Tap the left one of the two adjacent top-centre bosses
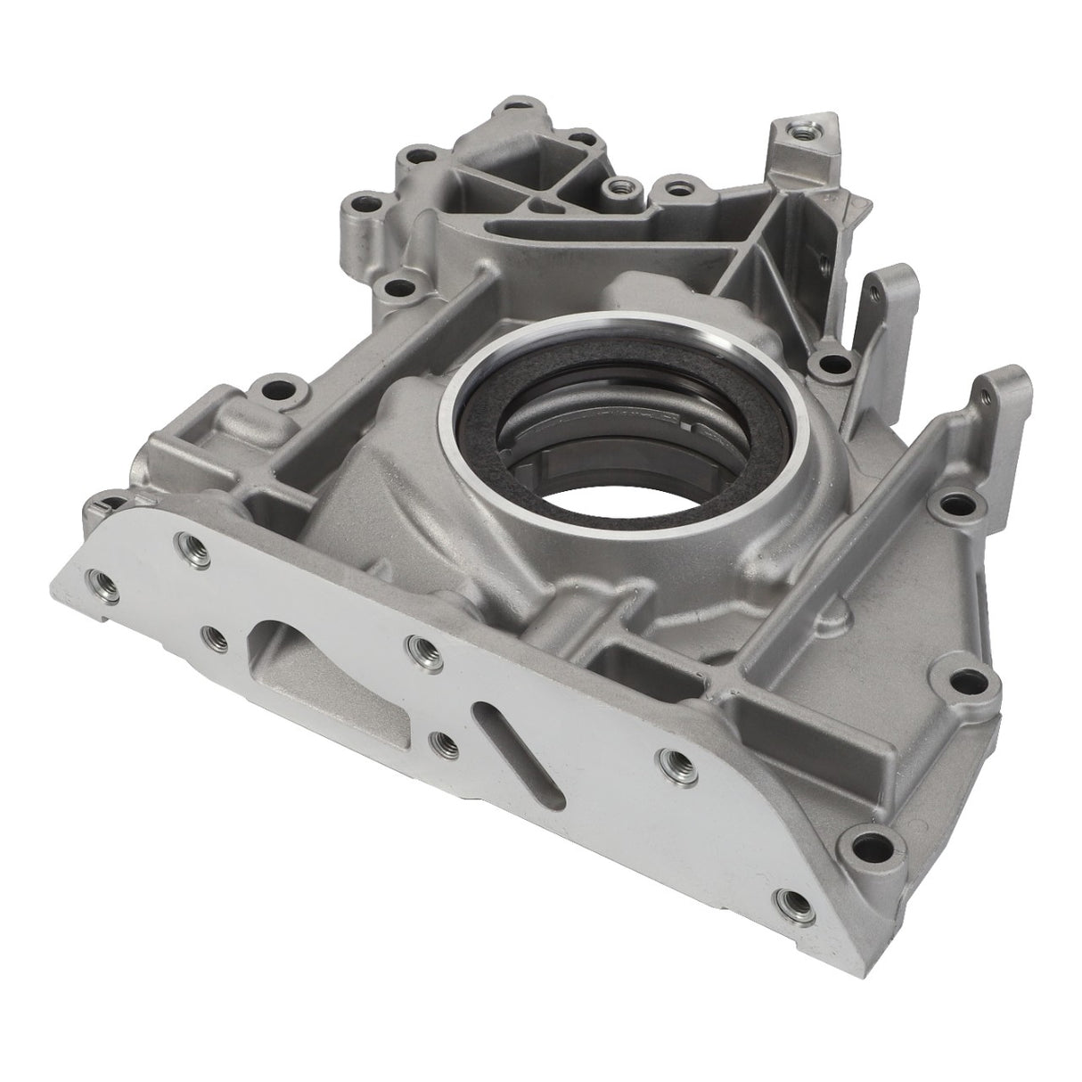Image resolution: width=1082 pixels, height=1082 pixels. (x=614, y=188)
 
